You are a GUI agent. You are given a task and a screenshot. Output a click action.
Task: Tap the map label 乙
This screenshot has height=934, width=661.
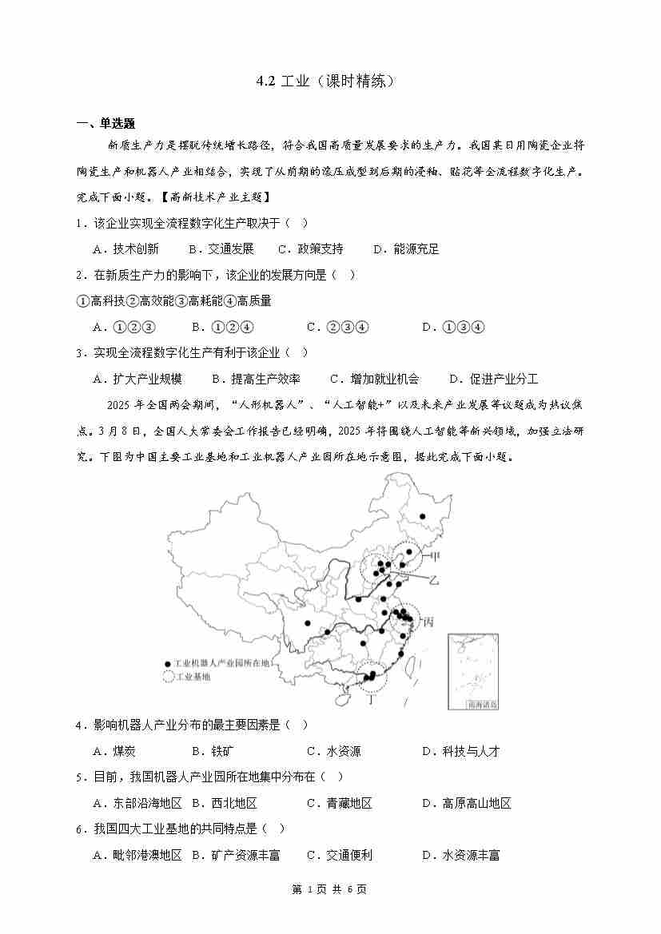(434, 578)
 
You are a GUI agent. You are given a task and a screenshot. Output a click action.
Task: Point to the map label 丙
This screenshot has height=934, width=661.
(429, 622)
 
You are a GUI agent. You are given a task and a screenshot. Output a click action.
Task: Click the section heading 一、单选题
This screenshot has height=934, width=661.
(106, 123)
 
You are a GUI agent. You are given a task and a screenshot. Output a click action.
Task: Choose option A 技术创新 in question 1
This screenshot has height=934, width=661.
(125, 249)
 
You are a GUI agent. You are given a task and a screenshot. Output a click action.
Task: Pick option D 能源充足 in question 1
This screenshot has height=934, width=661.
(406, 249)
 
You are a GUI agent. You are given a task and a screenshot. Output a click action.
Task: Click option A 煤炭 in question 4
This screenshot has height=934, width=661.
(114, 751)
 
